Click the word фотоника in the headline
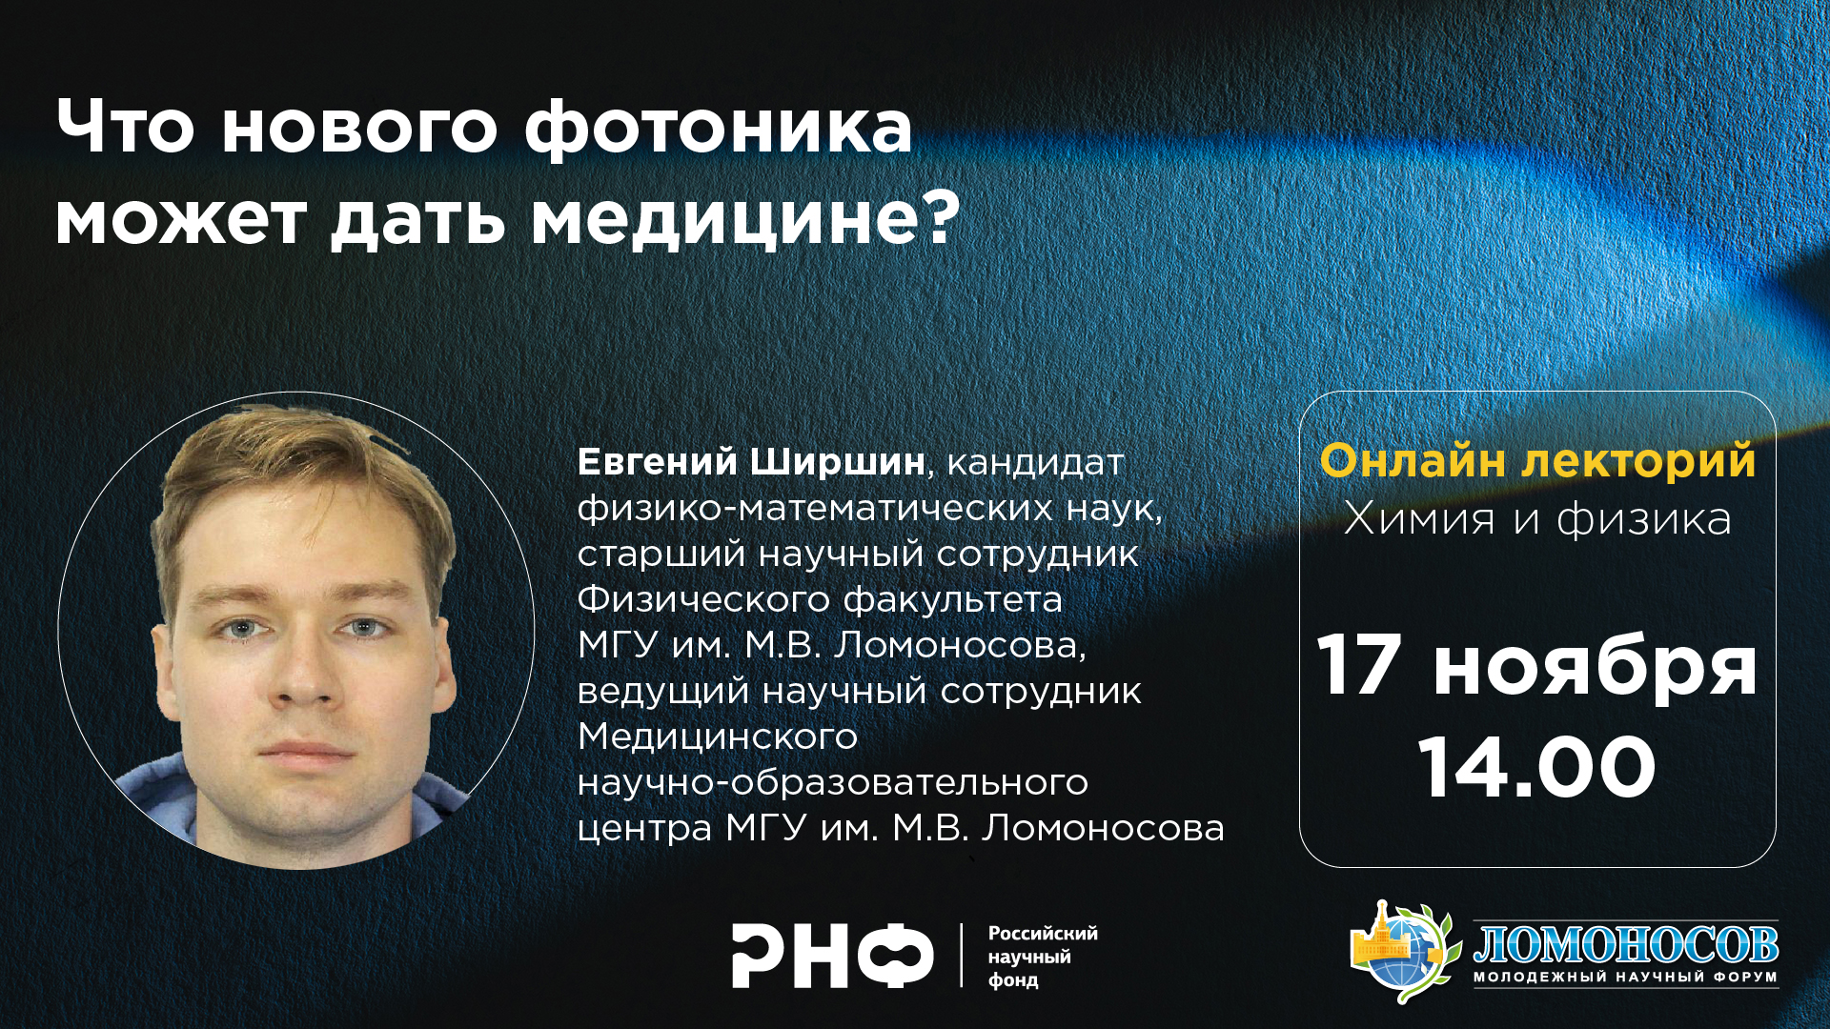pos(719,128)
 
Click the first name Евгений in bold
pos(658,461)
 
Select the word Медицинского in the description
pos(718,736)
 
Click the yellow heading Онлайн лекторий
pos(1537,460)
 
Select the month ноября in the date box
pos(1596,669)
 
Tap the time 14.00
pos(1537,768)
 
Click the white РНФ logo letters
pos(833,955)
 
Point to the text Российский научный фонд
pos(1043,957)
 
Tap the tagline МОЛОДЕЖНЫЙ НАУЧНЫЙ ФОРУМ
pos(1626,977)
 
